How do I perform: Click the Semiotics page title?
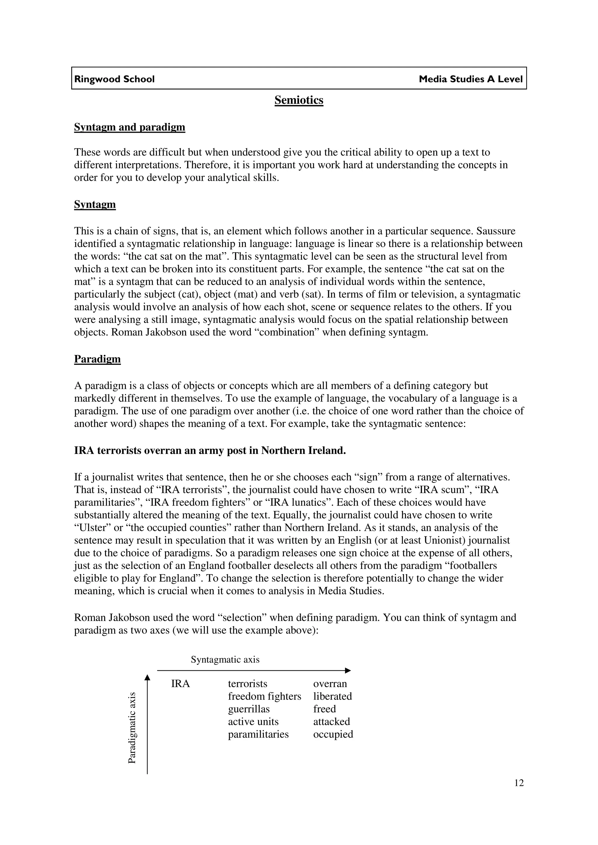298,100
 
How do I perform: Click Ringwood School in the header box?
114,79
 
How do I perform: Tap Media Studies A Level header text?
470,79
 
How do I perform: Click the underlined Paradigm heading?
97,359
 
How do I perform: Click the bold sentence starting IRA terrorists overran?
210,450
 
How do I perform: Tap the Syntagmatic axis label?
225,659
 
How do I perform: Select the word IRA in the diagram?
180,684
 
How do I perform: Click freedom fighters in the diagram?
264,696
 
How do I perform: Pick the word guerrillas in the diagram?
249,709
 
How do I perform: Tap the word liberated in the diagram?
332,696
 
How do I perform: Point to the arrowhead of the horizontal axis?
348,671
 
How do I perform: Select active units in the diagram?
253,722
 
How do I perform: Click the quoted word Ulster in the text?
93,528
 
